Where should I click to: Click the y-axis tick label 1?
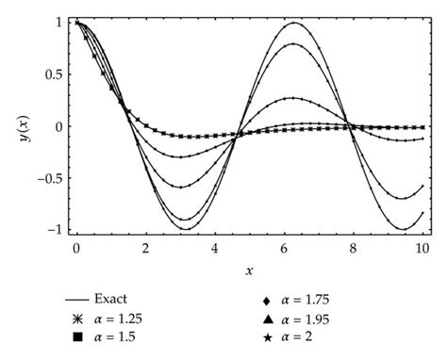[58, 22]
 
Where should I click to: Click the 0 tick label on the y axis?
[58, 126]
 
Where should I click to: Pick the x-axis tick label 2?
[145, 248]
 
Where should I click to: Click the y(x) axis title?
[23, 124]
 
